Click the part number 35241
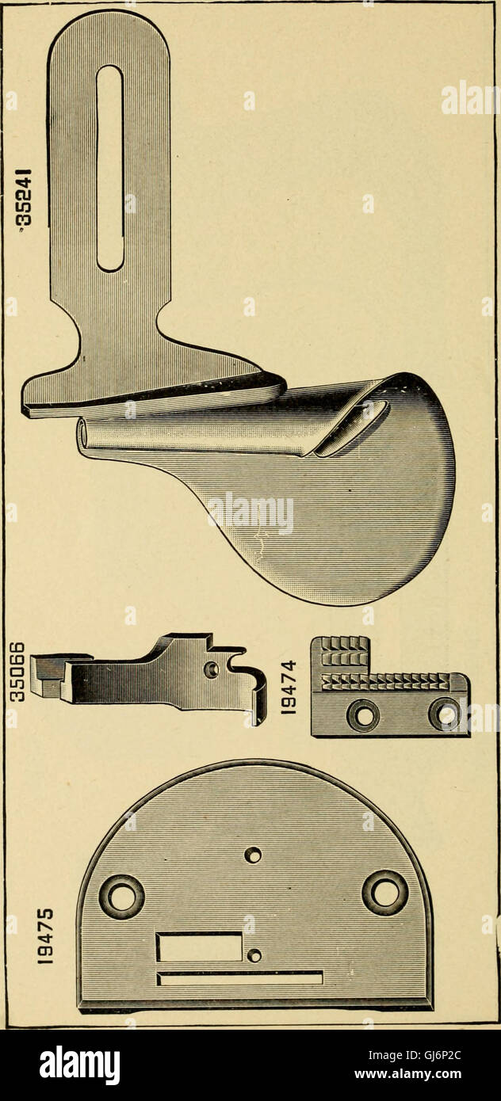25,201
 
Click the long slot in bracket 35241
109,168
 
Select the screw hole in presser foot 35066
211,669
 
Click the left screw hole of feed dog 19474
364,716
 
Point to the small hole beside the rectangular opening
254,954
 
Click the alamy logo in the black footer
79,1064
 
